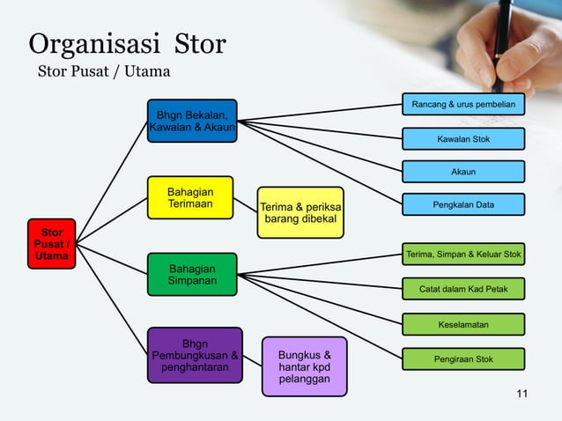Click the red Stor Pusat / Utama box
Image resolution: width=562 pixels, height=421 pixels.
[51, 244]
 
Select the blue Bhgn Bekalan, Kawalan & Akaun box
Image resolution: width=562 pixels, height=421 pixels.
[191, 122]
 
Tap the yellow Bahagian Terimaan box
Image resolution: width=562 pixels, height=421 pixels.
[189, 198]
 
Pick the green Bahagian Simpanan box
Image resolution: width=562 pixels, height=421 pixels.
[192, 274]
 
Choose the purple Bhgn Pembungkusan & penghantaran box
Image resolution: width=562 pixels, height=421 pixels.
[195, 355]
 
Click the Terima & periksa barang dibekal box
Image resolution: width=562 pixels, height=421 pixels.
[300, 212]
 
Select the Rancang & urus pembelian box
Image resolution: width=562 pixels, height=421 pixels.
[463, 106]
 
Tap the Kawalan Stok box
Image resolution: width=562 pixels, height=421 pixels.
[463, 139]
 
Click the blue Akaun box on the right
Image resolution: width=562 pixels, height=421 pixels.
[463, 172]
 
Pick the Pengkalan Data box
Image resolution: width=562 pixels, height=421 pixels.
[463, 205]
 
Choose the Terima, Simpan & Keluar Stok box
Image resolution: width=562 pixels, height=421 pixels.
[463, 255]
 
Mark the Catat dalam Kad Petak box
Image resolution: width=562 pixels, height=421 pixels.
[463, 289]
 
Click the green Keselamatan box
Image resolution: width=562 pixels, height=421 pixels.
[463, 325]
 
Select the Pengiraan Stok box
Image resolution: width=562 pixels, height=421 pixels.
[463, 359]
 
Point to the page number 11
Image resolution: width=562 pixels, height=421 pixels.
[522, 393]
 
